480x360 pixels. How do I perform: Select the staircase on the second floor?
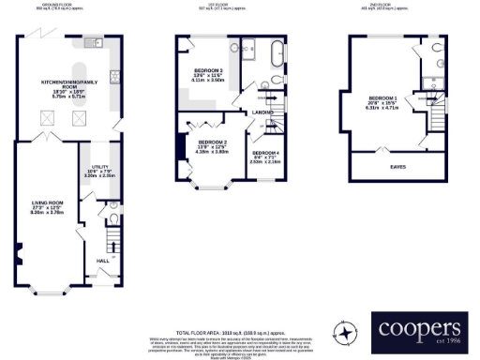435,116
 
